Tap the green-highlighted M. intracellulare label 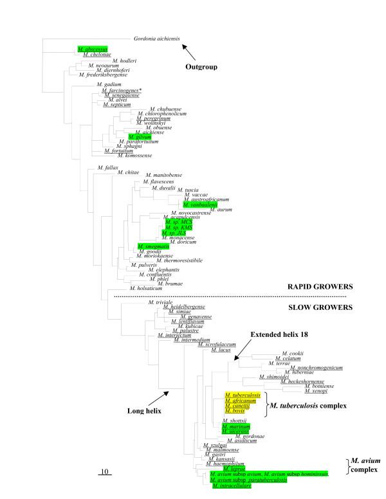pyautogui.click(x=232, y=485)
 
